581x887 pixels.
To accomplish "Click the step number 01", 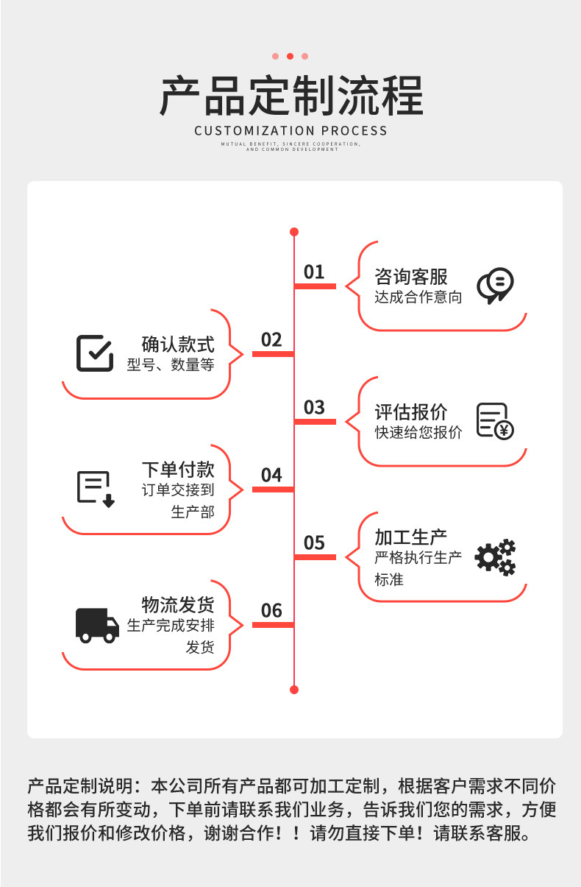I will (x=314, y=272).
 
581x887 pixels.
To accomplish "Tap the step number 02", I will (x=271, y=340).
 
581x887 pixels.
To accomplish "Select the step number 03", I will (x=314, y=408).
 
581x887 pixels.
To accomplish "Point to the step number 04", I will (x=271, y=476).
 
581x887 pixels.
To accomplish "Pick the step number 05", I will (x=314, y=543).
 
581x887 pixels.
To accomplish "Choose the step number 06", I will (x=271, y=611).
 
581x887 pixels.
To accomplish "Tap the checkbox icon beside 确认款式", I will (x=95, y=353).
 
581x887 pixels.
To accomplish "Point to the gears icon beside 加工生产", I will (x=495, y=557).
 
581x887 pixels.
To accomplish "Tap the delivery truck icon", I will (x=97, y=625).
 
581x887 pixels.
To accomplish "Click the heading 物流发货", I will (x=178, y=605).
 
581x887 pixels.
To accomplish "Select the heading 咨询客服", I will (x=410, y=278).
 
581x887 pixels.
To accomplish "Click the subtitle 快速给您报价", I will (x=418, y=433).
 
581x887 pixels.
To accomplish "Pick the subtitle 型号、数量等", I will (x=170, y=365).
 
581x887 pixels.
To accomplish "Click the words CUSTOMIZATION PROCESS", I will (x=290, y=131).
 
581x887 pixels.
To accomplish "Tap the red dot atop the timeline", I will (x=294, y=232).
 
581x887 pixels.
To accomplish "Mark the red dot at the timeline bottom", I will (x=294, y=690).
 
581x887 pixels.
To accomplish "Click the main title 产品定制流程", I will (x=291, y=96).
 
